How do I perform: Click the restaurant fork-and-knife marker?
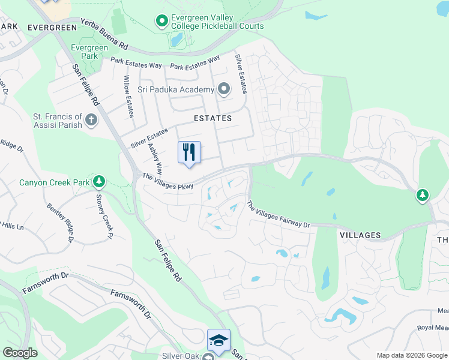click(x=190, y=153)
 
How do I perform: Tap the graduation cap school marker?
click(x=218, y=341)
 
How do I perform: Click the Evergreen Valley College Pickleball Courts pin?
click(x=161, y=22)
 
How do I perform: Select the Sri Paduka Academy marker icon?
click(x=224, y=90)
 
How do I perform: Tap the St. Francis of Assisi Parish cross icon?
click(x=91, y=119)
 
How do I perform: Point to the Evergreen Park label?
click(x=84, y=52)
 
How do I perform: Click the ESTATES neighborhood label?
click(x=212, y=119)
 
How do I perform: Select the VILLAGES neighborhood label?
click(x=360, y=235)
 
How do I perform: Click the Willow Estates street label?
click(x=128, y=96)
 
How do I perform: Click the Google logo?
click(x=20, y=353)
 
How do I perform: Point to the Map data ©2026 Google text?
click(x=411, y=355)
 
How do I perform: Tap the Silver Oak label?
click(x=179, y=356)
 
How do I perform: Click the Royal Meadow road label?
click(x=433, y=328)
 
